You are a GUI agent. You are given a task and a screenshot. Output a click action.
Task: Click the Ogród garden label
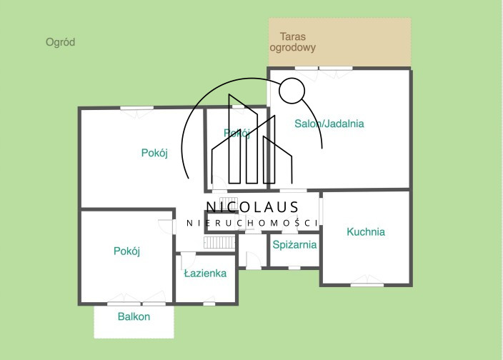(60, 42)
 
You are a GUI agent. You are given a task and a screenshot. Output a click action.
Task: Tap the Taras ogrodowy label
(292, 42)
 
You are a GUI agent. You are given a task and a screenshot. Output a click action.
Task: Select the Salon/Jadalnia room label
(329, 124)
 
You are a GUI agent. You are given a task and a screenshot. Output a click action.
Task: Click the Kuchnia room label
(366, 231)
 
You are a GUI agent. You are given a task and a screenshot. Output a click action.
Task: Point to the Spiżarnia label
(294, 245)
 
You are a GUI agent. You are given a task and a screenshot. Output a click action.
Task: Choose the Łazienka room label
(205, 273)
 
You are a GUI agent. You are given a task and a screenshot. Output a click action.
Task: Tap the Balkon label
(134, 316)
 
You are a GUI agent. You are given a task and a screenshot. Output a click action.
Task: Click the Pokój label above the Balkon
(126, 251)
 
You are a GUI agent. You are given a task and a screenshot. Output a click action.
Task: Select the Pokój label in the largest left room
(154, 153)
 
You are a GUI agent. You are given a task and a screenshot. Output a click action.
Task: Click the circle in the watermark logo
(292, 79)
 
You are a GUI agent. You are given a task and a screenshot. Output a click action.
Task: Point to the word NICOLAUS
(252, 207)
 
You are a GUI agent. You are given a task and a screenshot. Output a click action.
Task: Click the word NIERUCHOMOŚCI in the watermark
(252, 223)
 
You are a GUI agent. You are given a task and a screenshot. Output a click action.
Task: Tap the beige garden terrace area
(339, 42)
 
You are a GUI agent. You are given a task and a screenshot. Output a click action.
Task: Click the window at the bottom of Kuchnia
(367, 285)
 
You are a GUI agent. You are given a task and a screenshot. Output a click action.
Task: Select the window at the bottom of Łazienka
(209, 304)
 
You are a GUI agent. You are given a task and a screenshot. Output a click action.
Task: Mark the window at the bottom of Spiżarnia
(294, 268)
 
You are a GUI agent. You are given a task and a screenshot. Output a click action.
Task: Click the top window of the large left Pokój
(137, 108)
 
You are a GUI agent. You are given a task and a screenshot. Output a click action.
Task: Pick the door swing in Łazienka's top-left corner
(188, 260)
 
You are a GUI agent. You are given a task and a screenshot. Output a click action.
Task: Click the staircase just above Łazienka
(219, 242)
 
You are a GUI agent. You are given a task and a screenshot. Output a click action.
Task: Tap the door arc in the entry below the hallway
(254, 260)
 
